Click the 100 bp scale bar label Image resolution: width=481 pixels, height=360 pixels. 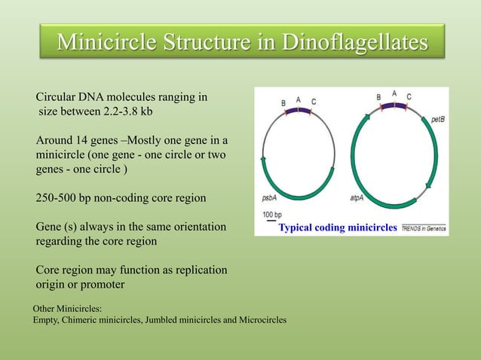(x=274, y=215)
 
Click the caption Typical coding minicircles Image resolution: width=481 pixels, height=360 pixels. (x=338, y=227)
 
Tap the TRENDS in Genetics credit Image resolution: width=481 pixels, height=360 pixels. (x=423, y=227)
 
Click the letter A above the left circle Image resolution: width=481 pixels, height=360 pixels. (x=299, y=99)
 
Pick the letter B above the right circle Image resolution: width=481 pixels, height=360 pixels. (x=378, y=97)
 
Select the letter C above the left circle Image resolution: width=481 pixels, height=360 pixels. (x=314, y=102)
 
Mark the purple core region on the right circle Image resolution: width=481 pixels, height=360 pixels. (x=394, y=106)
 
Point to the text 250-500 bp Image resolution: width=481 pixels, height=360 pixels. (x=65, y=199)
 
